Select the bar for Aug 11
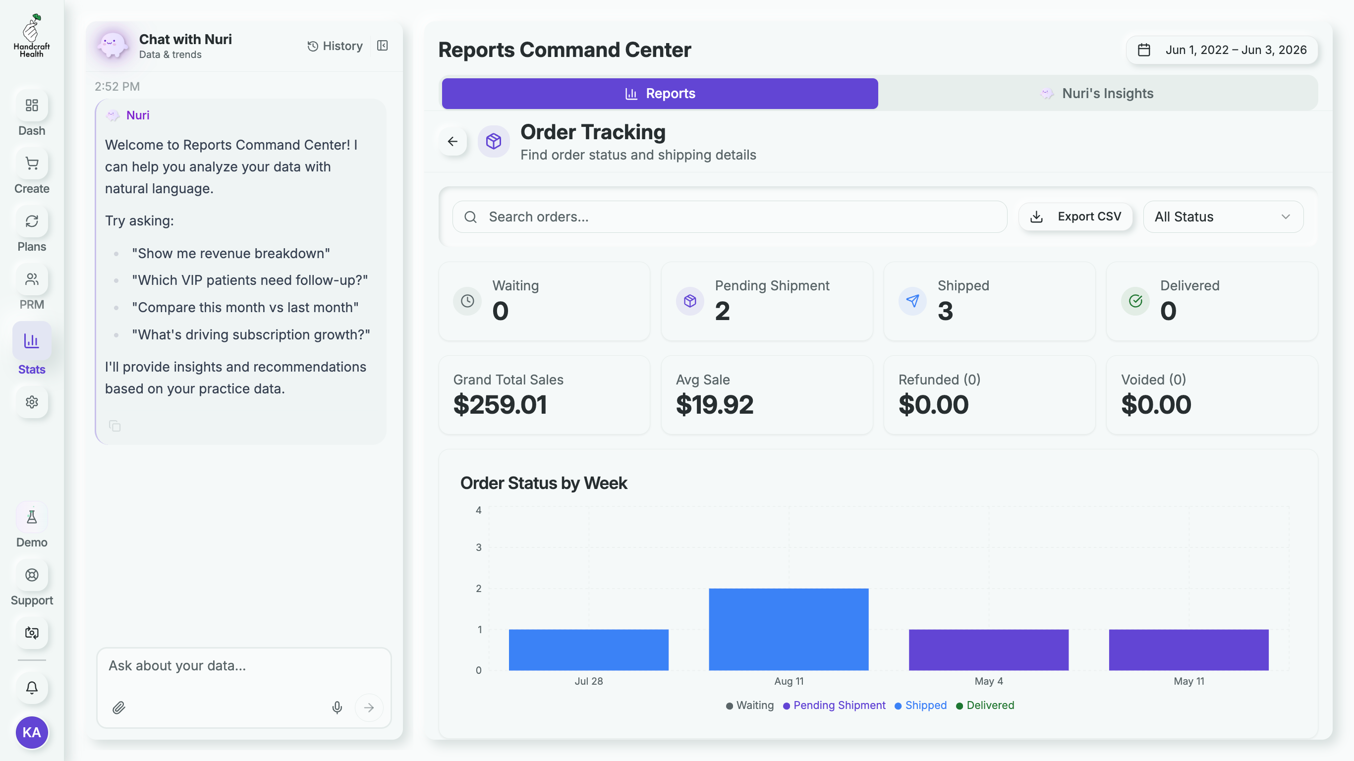(789, 629)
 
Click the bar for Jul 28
(589, 650)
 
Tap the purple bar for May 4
(989, 650)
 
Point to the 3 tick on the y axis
(478, 547)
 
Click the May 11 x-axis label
(1189, 681)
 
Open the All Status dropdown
(1223, 217)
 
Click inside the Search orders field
(730, 217)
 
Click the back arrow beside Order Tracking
(452, 141)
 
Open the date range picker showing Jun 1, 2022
(1222, 50)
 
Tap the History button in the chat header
(335, 46)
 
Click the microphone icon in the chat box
(337, 707)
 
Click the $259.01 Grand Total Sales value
(500, 404)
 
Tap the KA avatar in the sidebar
(32, 732)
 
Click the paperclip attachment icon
(119, 707)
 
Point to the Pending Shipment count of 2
(722, 311)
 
